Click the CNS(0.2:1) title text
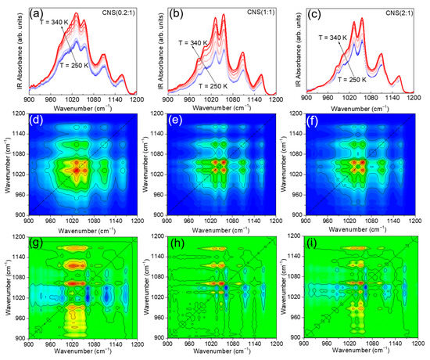116,12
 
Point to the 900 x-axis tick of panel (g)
28,344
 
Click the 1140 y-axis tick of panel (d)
18,130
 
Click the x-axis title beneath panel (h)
222,352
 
